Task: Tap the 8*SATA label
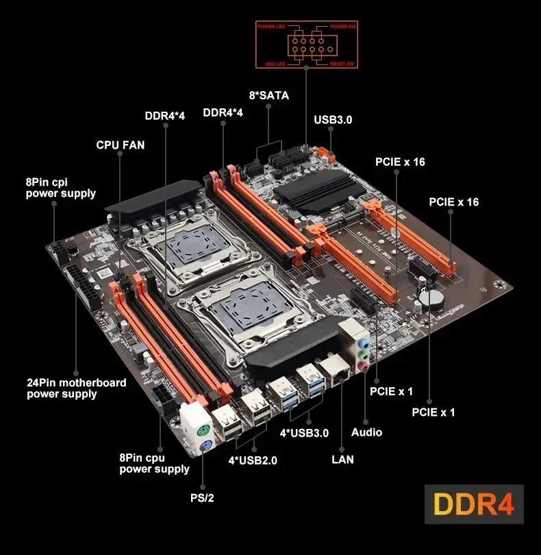[268, 95]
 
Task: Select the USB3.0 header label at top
[333, 119]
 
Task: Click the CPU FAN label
[121, 145]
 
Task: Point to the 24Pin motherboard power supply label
[76, 388]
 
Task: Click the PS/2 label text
[202, 497]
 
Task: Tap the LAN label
[342, 459]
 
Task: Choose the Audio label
[366, 432]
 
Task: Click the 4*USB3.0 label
[304, 432]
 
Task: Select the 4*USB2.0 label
[253, 460]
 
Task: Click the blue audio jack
[366, 341]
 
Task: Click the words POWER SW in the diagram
[344, 26]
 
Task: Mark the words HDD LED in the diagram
[268, 63]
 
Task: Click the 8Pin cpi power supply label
[61, 188]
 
